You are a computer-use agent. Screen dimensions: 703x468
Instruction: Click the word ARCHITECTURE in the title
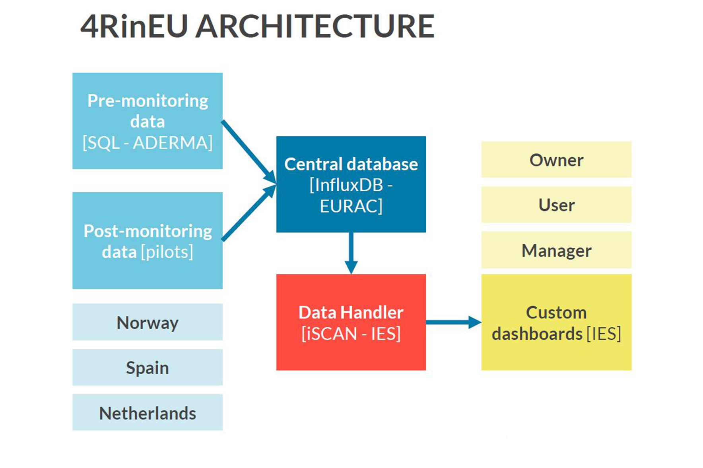pos(315,26)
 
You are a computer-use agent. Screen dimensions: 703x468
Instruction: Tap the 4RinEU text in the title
pos(134,26)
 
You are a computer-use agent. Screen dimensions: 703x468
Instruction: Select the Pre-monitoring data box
pos(148,121)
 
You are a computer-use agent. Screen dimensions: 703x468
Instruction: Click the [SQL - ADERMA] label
pos(148,143)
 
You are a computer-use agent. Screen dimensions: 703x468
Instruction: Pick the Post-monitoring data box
pos(148,241)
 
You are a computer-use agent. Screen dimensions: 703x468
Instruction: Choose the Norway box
pos(148,322)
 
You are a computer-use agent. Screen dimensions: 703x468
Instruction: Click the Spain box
pos(148,367)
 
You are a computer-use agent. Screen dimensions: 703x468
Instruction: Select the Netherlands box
pos(148,412)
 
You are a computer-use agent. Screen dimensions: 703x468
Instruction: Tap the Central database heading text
pos(351,164)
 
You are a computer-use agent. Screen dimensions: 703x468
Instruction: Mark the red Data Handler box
pos(351,322)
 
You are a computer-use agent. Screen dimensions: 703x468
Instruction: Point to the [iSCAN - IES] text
pos(351,334)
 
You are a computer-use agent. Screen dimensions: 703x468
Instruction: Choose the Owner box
pos(556,159)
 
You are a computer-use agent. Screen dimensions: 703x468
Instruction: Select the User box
pos(556,205)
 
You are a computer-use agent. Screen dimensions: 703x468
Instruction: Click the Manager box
pos(556,250)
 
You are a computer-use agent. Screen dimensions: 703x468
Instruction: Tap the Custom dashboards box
pos(556,322)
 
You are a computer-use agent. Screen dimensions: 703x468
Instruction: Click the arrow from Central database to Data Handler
pos(351,253)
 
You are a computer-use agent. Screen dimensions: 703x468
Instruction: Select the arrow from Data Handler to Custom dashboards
pos(454,322)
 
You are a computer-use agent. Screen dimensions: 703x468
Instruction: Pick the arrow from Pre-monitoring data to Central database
pos(249,152)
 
